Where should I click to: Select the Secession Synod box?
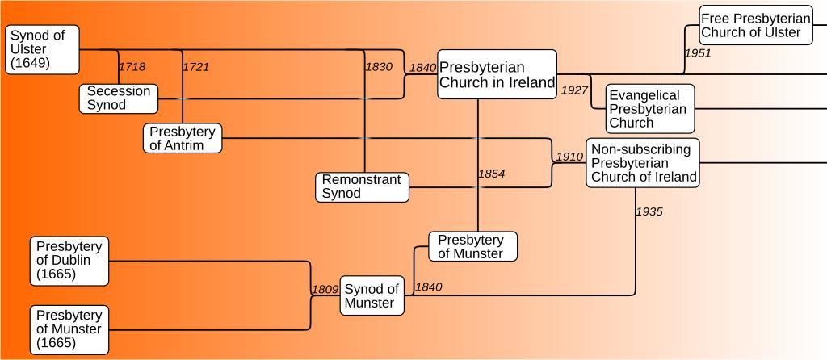coord(118,98)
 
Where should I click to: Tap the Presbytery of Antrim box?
coord(183,138)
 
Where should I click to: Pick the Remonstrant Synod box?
coord(361,186)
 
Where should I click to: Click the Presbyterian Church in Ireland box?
coord(497,74)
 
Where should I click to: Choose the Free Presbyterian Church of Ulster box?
coord(755,25)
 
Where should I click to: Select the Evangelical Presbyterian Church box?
coord(649,109)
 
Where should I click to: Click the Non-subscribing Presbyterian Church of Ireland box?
coord(642,163)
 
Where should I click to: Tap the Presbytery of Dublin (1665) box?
coord(69,261)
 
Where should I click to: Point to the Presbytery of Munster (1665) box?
coord(69,329)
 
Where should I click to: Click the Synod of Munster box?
coord(372,296)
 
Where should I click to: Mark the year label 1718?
coord(132,67)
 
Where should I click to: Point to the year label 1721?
coord(195,67)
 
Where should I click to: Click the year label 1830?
coord(379,67)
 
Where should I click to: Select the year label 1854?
coord(491,174)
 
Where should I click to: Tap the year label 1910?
coord(569,157)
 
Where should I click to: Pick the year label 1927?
coord(574,90)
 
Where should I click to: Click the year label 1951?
coord(698,53)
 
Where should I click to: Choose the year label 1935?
coord(649,211)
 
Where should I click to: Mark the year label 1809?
coord(325,288)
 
